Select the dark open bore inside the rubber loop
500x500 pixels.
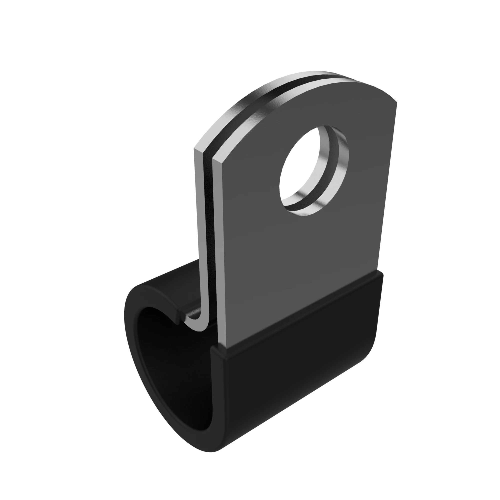pos(168,375)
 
